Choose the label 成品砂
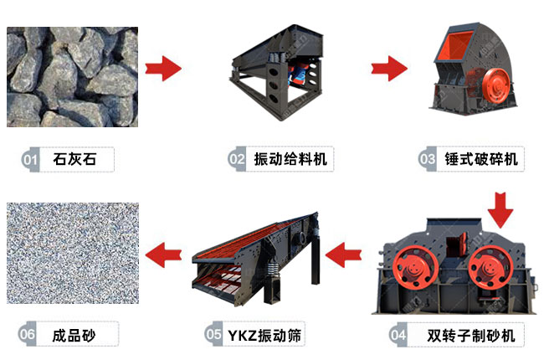[75, 336]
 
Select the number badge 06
[28, 336]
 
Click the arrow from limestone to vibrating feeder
[163, 68]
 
